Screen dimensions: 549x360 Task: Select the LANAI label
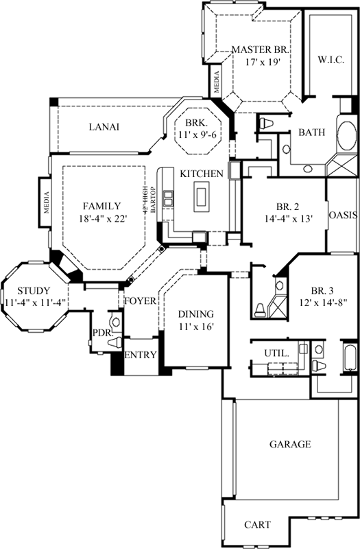104,127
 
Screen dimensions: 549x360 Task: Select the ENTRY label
140,355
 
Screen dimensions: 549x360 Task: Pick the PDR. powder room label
102,334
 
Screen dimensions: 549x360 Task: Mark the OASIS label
343,214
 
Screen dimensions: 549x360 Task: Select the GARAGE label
289,444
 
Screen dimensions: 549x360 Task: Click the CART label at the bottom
257,525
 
